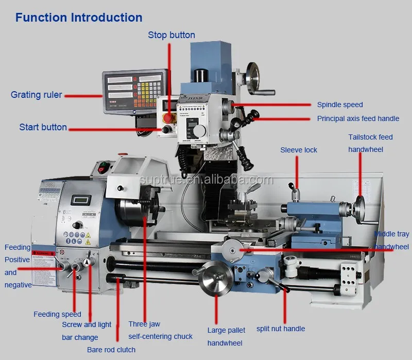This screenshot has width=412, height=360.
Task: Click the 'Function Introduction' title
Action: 79,18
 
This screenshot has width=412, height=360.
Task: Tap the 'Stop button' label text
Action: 171,35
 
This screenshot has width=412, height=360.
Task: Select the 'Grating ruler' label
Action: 36,95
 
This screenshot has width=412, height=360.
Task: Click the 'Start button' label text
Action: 43,127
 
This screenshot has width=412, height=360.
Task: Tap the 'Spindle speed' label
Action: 340,105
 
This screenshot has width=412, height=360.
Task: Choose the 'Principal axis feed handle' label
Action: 358,118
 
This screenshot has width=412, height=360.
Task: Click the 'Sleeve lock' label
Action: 299,150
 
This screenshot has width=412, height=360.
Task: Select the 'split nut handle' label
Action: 281,329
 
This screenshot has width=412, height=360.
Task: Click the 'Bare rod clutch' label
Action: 111,350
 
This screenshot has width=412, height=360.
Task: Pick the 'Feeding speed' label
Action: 57,314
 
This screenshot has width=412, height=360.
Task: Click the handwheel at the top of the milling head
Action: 254,78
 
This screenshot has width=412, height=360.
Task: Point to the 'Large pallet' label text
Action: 226,330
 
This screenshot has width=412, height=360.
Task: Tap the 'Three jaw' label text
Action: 144,324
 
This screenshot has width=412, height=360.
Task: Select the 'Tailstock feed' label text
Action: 370,137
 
